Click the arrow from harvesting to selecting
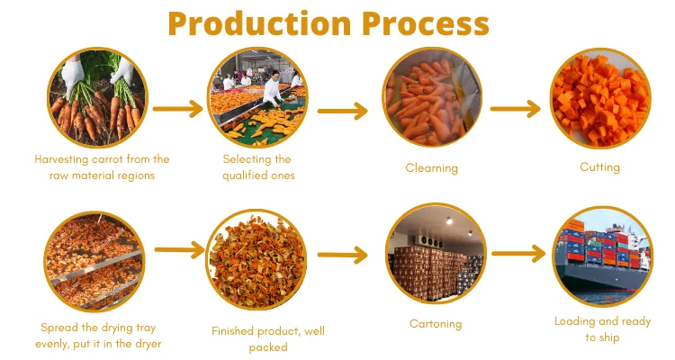coord(178,109)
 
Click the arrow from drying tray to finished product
coord(178,251)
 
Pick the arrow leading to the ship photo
coord(519,253)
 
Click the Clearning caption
coord(431,167)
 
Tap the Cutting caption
coord(599,166)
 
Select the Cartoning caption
coord(435,324)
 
